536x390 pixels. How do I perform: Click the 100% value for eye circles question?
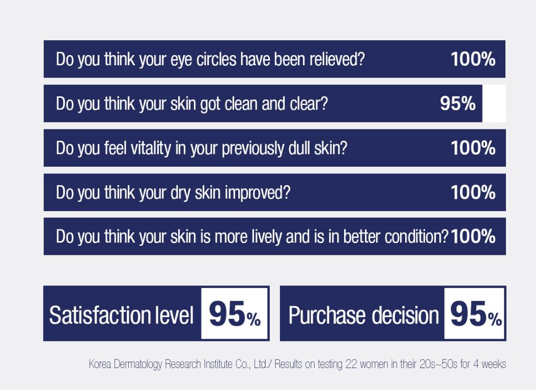[473, 59]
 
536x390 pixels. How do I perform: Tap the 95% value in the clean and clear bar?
[458, 103]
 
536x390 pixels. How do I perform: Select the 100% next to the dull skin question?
[473, 148]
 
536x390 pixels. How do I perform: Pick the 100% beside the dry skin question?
[473, 192]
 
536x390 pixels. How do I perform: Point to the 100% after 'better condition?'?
[473, 236]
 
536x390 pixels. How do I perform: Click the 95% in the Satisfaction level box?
[235, 314]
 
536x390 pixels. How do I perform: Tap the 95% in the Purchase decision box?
[476, 314]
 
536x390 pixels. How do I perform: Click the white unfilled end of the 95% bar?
[494, 103]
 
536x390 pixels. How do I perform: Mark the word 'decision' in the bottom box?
[405, 315]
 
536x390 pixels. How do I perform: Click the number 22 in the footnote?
[351, 363]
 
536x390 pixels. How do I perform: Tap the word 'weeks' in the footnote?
[494, 363]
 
